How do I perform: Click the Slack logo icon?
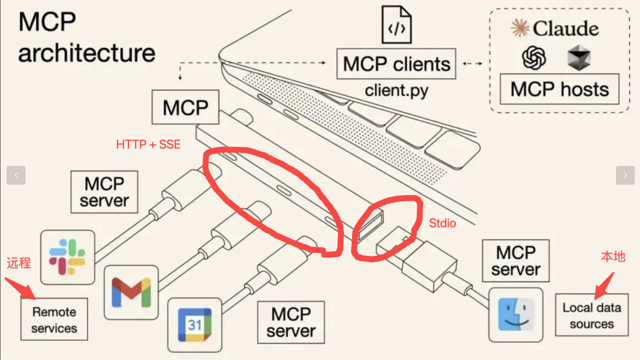[67, 257]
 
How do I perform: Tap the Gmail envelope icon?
[131, 292]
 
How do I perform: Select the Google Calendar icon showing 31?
[194, 325]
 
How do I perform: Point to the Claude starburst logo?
[520, 28]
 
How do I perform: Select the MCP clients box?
[396, 64]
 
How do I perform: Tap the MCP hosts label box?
[559, 89]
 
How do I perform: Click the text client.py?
[396, 90]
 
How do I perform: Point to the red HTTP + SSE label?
[148, 145]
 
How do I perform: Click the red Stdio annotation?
[442, 223]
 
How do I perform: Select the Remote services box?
[54, 319]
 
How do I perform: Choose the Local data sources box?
[591, 315]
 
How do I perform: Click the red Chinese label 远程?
[19, 263]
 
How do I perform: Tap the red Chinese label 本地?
[613, 256]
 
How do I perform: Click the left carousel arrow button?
[16, 175]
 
